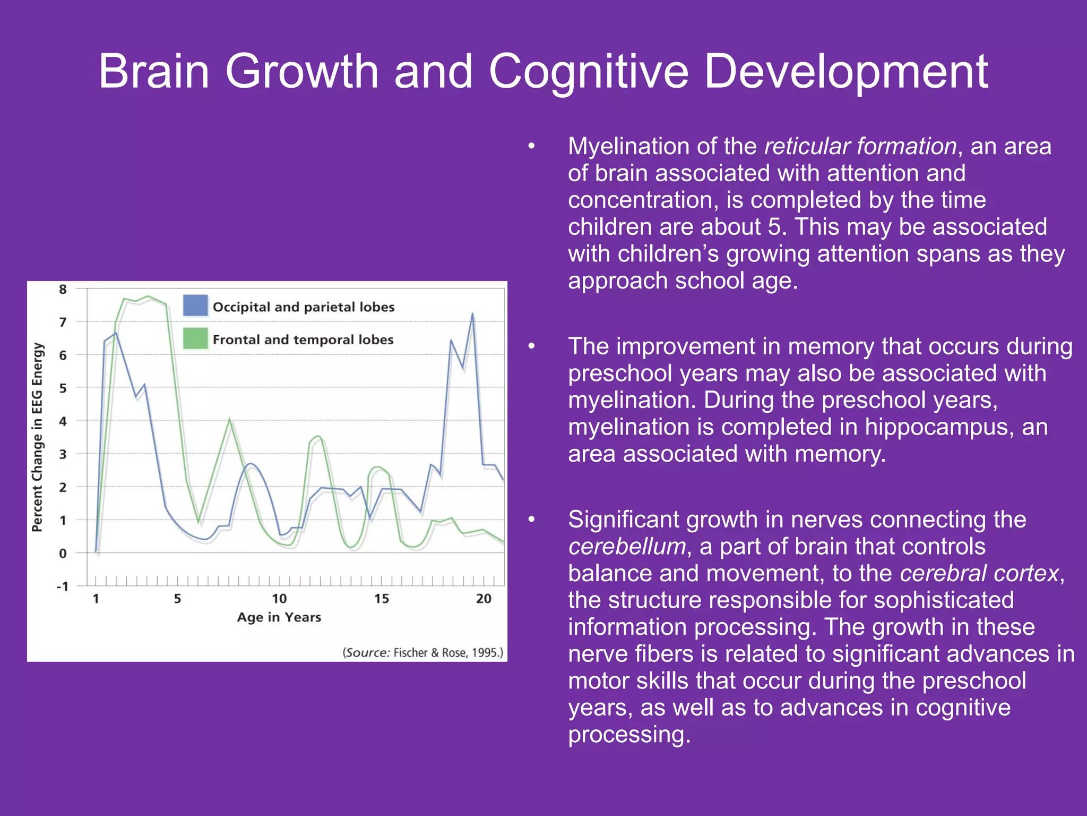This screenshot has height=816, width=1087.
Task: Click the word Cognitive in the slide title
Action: [x=588, y=72]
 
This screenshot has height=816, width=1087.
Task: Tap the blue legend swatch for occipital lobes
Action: [x=195, y=306]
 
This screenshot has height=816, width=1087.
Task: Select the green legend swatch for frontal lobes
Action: [x=195, y=338]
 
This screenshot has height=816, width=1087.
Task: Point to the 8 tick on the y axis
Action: [x=63, y=290]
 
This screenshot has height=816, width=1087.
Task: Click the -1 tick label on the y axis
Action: [x=62, y=586]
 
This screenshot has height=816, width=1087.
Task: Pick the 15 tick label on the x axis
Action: [x=381, y=599]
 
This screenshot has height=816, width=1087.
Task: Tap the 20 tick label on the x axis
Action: [x=483, y=599]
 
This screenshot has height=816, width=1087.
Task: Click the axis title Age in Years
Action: [x=279, y=617]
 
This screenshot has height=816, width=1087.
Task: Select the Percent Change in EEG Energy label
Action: [x=37, y=437]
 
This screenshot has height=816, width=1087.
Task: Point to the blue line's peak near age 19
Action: [x=472, y=314]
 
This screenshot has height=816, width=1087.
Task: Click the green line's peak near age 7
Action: [x=229, y=420]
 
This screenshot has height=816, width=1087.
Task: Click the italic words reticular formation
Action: [x=860, y=146]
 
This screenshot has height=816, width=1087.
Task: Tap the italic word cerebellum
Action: [x=626, y=547]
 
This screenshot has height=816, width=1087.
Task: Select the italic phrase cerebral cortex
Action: [x=980, y=573]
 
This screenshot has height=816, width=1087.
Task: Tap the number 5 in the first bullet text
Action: [x=774, y=227]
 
